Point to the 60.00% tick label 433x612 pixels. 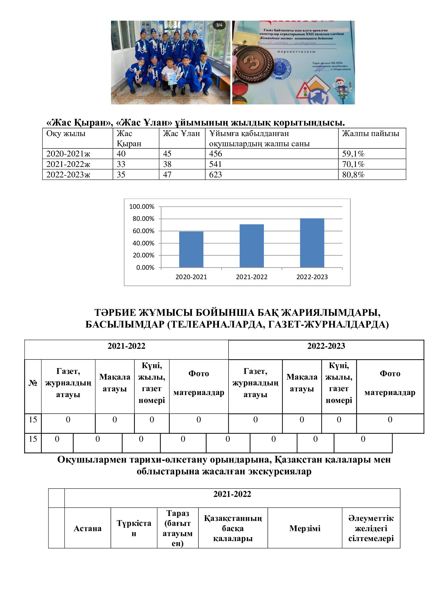[143, 231]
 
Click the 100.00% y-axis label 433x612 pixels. [142, 207]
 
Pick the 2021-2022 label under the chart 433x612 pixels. [251, 277]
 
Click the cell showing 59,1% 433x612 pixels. [353, 154]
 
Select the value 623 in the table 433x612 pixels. [215, 175]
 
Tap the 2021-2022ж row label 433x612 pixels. [68, 164]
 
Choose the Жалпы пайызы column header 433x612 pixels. [370, 133]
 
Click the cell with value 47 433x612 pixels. [167, 175]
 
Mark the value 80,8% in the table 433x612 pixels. [353, 175]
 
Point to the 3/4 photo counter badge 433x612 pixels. [219, 25]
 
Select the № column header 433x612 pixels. [32, 383]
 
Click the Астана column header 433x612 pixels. [87, 528]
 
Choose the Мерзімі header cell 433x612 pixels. [304, 528]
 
